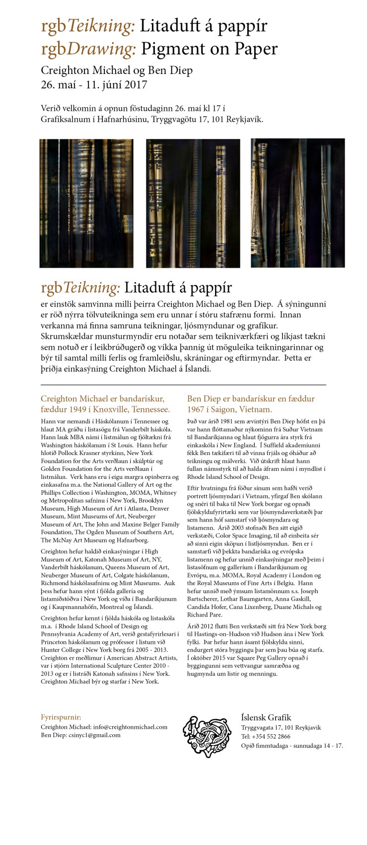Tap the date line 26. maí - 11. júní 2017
(x=94, y=84)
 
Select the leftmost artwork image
(x=86, y=203)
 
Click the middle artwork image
(x=193, y=203)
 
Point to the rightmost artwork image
(x=297, y=203)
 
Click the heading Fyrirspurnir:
(x=61, y=717)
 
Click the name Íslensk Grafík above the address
(x=266, y=717)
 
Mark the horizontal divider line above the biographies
(x=183, y=384)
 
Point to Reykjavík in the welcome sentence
(x=244, y=119)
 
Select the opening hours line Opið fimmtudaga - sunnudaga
(x=292, y=746)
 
